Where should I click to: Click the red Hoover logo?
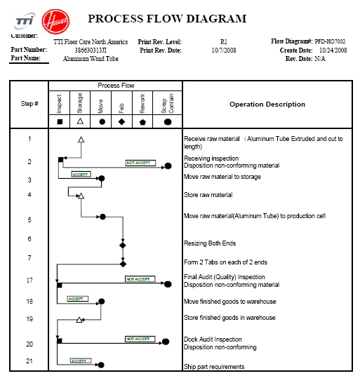[x=55, y=20]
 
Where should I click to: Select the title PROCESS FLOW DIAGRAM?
[x=167, y=19]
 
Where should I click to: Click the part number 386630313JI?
[x=91, y=51]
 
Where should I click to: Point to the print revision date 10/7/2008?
[x=225, y=51]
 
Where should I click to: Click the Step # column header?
[x=29, y=104]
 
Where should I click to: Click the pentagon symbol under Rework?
[x=144, y=121]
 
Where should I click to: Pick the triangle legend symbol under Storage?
[x=81, y=121]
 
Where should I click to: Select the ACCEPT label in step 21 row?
[x=81, y=361]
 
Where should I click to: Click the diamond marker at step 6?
[x=123, y=246]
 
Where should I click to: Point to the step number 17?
[x=29, y=281]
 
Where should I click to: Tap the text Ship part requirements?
[x=214, y=367]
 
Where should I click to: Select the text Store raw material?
[x=208, y=195]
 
